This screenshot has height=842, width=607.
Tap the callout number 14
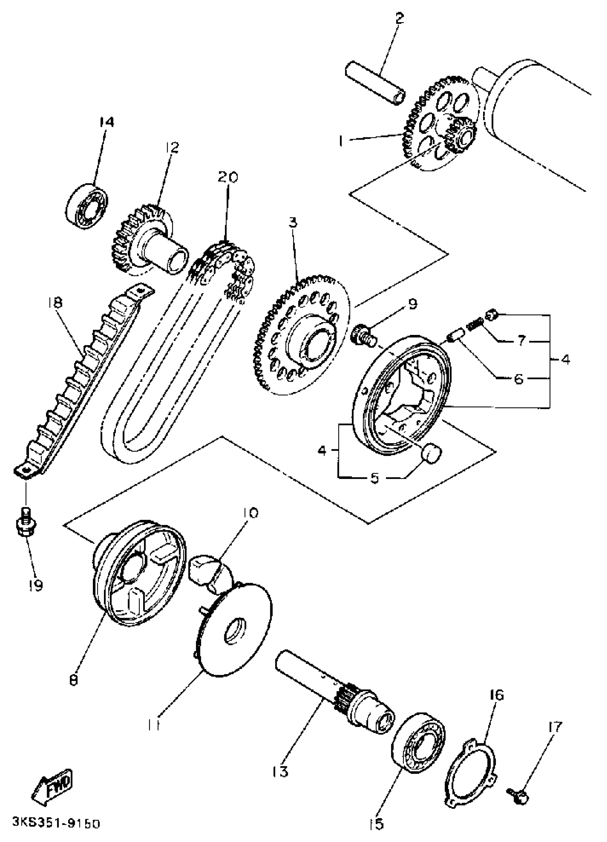(106, 122)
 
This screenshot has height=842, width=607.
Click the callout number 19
(36, 586)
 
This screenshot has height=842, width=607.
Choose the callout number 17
(554, 727)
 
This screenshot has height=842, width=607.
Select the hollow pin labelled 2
(375, 84)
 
